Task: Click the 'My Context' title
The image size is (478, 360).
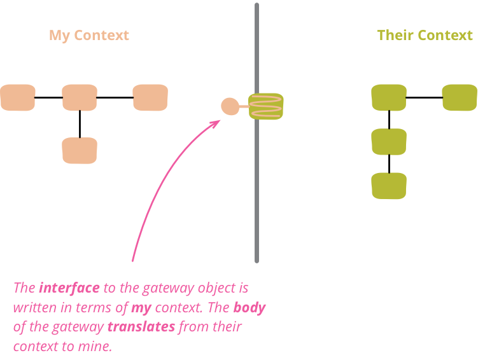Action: [89, 36]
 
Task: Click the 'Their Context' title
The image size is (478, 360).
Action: [425, 36]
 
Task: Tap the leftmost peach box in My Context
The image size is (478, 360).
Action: [18, 97]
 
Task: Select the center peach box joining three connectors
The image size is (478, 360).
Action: [80, 97]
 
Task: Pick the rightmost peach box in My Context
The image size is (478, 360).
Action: [150, 97]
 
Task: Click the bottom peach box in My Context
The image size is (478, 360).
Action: [80, 151]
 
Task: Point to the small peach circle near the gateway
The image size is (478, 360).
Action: [230, 106]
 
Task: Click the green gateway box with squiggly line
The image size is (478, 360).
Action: [266, 106]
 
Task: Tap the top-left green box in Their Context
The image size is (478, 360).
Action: [389, 97]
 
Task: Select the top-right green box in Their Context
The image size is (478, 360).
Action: [460, 97]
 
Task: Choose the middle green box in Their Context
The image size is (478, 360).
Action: [389, 142]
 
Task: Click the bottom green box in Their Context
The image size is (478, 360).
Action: [389, 186]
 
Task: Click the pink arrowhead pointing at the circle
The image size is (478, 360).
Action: [216, 123]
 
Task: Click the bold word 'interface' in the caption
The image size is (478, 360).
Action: [69, 287]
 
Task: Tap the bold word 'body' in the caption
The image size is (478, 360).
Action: [249, 308]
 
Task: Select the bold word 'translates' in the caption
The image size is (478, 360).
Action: [141, 328]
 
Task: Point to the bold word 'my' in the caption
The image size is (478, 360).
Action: [141, 308]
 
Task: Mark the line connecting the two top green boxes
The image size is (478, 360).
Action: [425, 98]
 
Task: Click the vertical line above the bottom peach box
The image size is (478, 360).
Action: [80, 124]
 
